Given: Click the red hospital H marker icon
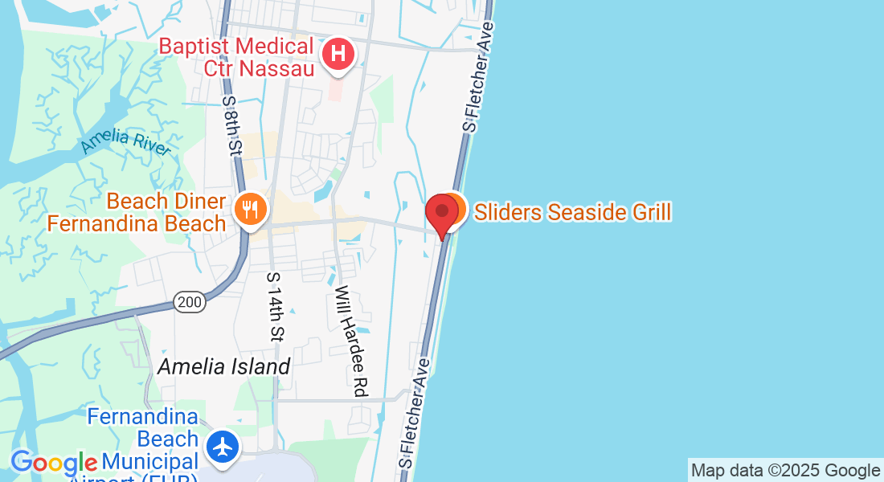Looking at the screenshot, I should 339,55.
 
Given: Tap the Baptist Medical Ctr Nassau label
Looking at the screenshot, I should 236,56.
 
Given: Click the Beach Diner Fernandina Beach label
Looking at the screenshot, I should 137,211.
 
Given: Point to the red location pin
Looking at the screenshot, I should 442,213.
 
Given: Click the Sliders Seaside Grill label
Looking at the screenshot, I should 572,212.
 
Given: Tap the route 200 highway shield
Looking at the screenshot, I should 189,302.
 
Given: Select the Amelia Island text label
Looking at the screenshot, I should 223,366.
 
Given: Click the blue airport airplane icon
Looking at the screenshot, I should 223,447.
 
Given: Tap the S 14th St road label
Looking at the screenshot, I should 275,306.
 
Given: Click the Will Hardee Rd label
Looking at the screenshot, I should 352,341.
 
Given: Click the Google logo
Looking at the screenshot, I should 53,463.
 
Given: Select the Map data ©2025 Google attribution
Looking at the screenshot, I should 785,471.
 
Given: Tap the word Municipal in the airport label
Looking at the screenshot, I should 149,462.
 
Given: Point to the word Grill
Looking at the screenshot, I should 647,212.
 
